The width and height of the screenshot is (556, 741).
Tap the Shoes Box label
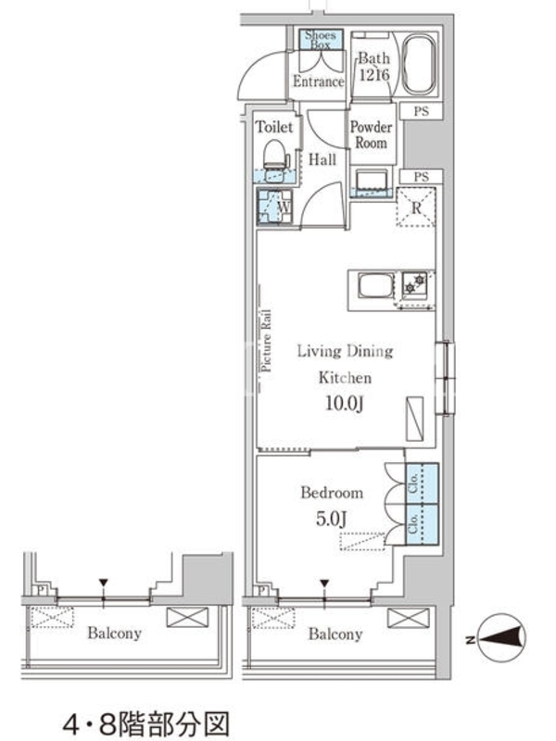tap(320, 40)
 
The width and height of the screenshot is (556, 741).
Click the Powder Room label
tap(372, 134)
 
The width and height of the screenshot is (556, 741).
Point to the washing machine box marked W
tap(274, 207)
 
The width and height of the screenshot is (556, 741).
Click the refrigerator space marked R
tap(415, 207)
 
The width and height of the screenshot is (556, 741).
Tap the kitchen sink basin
tap(375, 286)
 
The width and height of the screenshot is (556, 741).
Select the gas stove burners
tap(414, 283)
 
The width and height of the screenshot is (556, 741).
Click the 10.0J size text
tap(345, 403)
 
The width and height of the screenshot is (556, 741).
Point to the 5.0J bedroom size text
tap(332, 519)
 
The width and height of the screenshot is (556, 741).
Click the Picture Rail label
tap(267, 340)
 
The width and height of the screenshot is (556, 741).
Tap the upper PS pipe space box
tap(422, 111)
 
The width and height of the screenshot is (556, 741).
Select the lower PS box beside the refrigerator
tap(422, 177)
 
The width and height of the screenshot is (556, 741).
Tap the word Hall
tap(322, 159)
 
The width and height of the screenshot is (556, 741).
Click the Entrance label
tap(318, 82)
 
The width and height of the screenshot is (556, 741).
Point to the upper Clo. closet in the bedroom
tap(422, 484)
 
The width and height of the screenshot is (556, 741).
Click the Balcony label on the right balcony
tap(335, 634)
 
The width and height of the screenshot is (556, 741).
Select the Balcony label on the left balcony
tap(114, 633)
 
